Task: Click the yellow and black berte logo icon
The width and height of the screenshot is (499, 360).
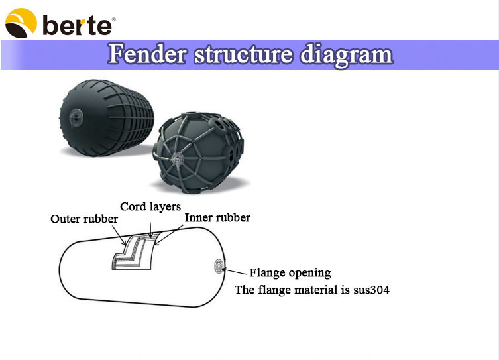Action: coord(21,23)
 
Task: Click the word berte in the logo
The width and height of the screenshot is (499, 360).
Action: coord(78,25)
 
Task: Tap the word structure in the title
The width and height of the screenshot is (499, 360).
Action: coord(243,54)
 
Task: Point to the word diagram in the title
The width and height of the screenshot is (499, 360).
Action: coord(347,56)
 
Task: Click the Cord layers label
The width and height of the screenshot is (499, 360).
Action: coord(150,206)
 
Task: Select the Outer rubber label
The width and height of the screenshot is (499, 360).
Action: coord(84,219)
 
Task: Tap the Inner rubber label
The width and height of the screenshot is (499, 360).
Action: coord(217,217)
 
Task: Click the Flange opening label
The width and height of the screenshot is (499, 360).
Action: coord(290,272)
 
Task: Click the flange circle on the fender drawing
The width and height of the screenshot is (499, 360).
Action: coord(219,267)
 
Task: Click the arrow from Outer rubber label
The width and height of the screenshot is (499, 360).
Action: coord(119,235)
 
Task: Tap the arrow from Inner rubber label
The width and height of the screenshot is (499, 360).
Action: coord(169,235)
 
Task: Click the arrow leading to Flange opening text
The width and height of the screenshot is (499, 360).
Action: coord(235,272)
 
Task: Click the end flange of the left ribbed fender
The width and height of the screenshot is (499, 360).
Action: coord(76,117)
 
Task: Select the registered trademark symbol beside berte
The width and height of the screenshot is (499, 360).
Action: coord(114,19)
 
